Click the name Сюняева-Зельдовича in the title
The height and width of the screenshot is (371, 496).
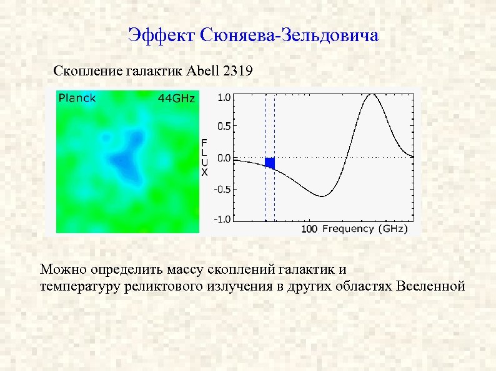(290, 35)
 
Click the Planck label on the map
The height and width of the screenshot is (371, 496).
(77, 98)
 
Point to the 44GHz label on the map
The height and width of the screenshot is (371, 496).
(176, 99)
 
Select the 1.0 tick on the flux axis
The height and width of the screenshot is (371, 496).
(222, 98)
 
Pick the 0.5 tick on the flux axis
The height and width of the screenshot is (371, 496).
(222, 125)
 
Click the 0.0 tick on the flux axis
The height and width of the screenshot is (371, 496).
(222, 158)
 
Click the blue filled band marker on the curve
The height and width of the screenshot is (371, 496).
(270, 163)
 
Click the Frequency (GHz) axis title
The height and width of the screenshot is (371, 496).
(365, 229)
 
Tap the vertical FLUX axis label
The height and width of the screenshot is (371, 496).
(204, 158)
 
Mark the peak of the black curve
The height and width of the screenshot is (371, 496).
(373, 95)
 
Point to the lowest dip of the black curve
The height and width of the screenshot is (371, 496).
(322, 196)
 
